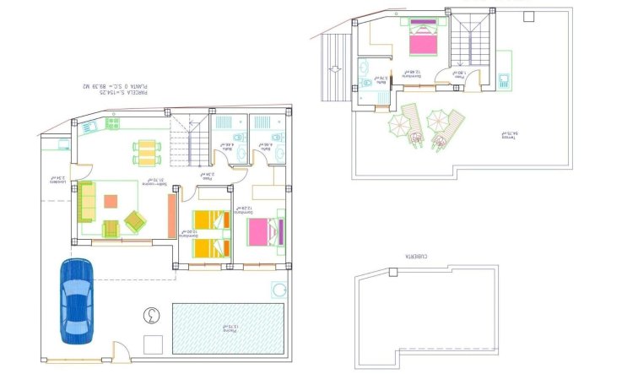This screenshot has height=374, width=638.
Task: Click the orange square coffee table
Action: pos(111,202)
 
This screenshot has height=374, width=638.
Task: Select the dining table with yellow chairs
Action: pos(146,153)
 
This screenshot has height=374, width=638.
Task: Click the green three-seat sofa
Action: pos(86,201)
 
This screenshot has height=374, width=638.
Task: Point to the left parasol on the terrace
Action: pos(397,126)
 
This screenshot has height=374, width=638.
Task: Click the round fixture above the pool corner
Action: pos(278,290)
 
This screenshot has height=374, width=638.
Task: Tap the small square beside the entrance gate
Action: pos(152,344)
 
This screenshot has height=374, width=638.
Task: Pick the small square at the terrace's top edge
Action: pos(529,15)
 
